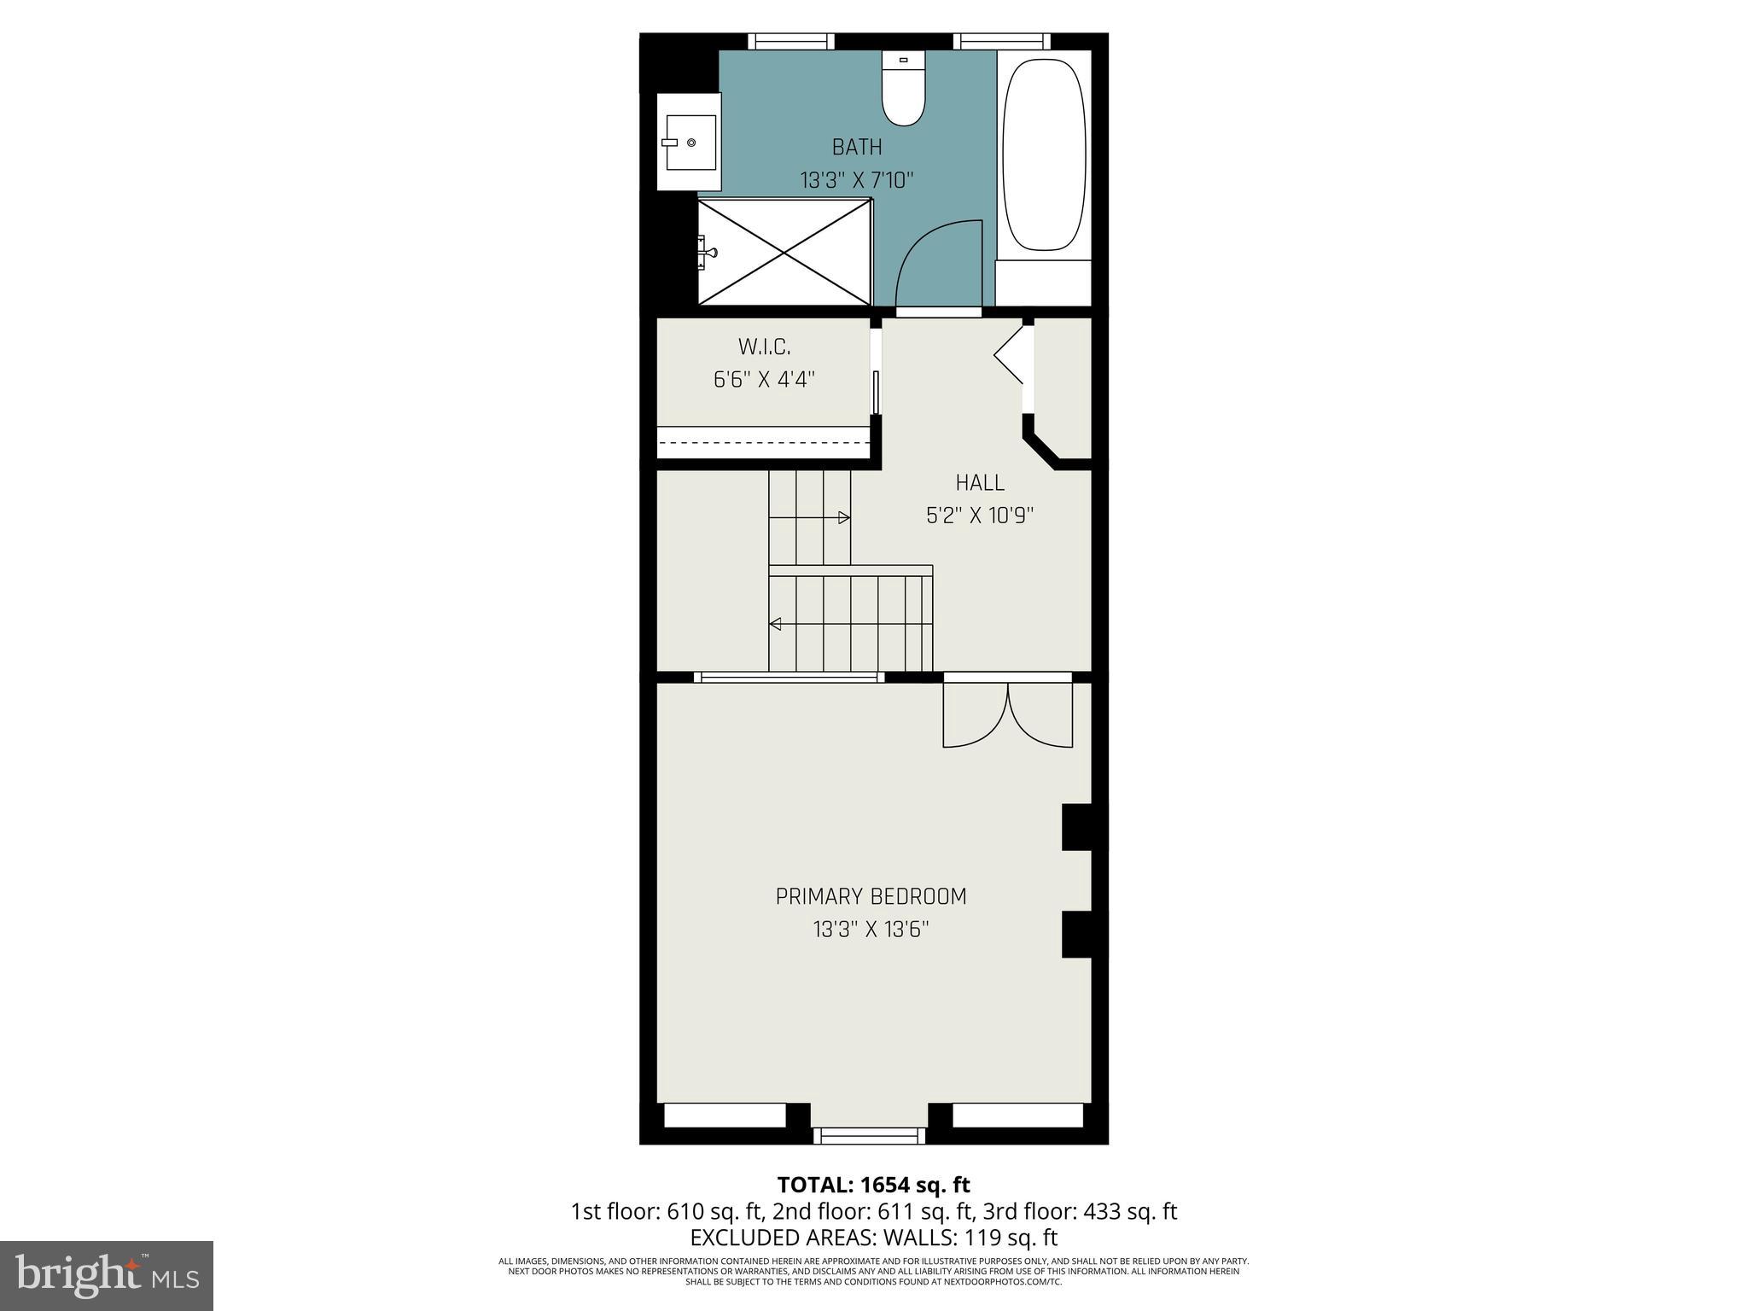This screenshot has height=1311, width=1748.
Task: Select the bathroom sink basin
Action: (690, 143)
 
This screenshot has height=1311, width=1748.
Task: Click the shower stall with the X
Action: (784, 251)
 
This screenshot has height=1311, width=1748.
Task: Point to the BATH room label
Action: (857, 148)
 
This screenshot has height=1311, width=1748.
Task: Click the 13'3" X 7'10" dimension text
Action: (857, 181)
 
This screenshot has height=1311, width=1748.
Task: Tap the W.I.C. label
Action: (764, 347)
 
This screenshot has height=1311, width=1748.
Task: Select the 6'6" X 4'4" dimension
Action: (764, 380)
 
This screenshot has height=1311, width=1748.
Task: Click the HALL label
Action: (980, 483)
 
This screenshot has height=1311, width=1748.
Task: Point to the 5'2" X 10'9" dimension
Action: (980, 516)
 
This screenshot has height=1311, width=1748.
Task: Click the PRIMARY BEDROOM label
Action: (871, 897)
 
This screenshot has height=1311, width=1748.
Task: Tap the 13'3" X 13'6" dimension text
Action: (871, 929)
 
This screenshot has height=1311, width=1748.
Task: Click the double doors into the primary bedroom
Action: (1007, 713)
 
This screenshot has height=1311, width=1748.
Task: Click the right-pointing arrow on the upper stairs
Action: (843, 517)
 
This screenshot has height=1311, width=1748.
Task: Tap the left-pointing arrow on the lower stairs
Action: (775, 624)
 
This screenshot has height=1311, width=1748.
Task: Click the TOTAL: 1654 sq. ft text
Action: (873, 1185)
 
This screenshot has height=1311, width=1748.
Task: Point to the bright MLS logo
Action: (107, 1275)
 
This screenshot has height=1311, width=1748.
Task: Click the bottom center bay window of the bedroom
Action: (869, 1135)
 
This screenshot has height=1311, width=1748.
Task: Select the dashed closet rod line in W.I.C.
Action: (764, 442)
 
